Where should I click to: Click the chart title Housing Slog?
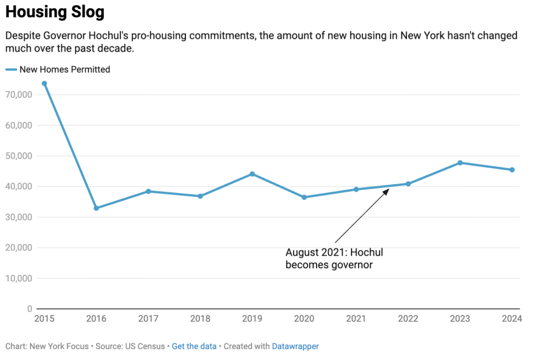coord(55,12)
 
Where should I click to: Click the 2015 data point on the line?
coord(44,83)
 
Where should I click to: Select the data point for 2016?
coord(96,208)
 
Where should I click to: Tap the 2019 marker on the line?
coord(252,174)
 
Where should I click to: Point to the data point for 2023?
coord(460,162)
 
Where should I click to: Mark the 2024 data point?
coord(512,169)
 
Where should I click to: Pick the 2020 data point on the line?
coord(304,198)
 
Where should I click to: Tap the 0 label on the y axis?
coord(30,309)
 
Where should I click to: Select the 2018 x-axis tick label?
coord(200,319)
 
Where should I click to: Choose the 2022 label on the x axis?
coord(408,319)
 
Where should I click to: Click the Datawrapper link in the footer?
coord(295,347)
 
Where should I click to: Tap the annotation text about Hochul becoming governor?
coord(334,259)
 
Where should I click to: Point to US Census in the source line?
coord(145,347)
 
